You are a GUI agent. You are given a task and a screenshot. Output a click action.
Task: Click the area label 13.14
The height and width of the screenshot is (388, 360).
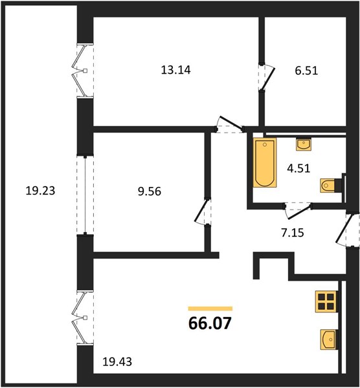pos(175,70)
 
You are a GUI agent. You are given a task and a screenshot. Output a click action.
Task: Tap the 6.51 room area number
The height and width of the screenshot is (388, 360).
pos(306,70)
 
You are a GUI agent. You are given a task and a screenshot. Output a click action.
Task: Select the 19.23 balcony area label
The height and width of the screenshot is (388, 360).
pos(40,191)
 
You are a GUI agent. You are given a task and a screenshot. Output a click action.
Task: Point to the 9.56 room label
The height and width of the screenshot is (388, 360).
pos(150,191)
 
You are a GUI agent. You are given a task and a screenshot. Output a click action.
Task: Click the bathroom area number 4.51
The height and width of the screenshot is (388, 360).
pos(298,169)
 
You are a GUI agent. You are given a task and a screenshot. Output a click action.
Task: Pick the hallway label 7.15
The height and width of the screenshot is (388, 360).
pos(293,233)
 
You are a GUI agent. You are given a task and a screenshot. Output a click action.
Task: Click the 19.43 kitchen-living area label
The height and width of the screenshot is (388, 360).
pos(117,362)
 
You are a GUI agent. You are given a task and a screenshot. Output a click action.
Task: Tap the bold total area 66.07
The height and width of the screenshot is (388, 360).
pos(210,323)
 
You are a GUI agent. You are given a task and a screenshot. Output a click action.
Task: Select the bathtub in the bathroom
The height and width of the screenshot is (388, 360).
pos(265,162)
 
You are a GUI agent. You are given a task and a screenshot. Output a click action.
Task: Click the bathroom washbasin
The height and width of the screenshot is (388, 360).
pos(304,144)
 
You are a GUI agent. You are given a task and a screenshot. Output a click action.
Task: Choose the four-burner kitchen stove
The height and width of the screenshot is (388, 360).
pos(326,301)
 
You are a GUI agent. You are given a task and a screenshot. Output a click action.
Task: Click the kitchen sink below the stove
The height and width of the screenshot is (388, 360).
pos(328,339)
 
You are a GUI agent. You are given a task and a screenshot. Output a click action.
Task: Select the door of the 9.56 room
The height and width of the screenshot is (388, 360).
pos(201,210)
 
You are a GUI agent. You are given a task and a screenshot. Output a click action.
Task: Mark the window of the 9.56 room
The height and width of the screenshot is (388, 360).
pos(85,195)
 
